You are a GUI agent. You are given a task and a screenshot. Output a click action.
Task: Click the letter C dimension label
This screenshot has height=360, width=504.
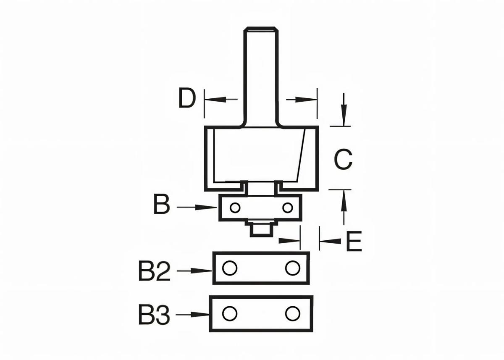coord(344,160)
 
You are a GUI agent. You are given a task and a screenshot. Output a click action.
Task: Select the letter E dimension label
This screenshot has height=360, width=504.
coord(354,241)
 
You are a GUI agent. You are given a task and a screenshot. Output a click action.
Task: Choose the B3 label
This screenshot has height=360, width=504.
coord(154,314)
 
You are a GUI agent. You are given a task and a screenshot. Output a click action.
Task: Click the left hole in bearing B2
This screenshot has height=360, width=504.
coord(229,268)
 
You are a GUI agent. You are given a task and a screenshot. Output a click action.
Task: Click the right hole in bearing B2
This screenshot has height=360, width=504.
coord(292,268)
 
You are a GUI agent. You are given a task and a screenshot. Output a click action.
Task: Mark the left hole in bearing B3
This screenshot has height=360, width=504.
coord(229,313)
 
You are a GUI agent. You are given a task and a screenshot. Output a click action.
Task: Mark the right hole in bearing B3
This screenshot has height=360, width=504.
coord(292,313)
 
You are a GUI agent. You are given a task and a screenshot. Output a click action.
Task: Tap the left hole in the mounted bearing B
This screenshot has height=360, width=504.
coord(235,208)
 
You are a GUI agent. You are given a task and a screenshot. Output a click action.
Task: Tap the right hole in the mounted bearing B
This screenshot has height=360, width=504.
coord(287,208)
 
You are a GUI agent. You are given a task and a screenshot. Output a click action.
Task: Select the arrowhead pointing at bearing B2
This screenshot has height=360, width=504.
coord(204,271)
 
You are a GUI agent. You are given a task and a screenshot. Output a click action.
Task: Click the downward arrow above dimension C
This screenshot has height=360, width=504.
coord(344,113)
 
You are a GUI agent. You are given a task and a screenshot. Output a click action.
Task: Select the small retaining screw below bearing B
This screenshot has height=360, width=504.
coord(261,229)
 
